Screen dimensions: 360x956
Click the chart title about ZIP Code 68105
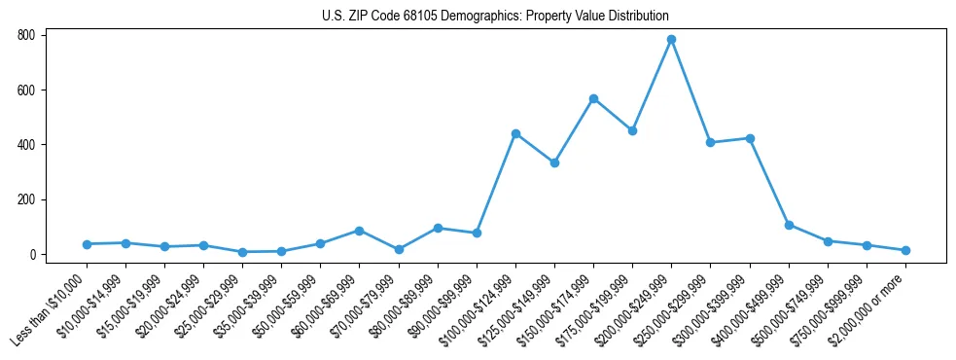tap(495, 16)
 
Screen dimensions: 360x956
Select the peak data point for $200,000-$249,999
tap(671, 40)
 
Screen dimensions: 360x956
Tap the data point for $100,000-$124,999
tap(515, 133)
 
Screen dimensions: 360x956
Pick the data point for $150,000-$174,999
tap(593, 98)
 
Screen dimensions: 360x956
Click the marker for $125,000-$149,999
tap(554, 162)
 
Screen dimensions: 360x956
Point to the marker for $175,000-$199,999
tap(632, 130)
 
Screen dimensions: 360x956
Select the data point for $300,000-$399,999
tap(750, 138)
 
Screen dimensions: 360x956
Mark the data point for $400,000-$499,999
tap(789, 225)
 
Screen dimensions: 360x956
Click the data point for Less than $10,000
tap(87, 244)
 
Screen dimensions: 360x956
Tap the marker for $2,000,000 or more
tap(905, 250)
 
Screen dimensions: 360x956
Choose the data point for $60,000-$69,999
tap(359, 231)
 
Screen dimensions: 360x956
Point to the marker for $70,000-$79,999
tap(399, 249)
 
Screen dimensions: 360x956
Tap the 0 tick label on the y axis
tap(31, 255)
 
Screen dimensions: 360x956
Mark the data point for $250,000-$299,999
tap(710, 142)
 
